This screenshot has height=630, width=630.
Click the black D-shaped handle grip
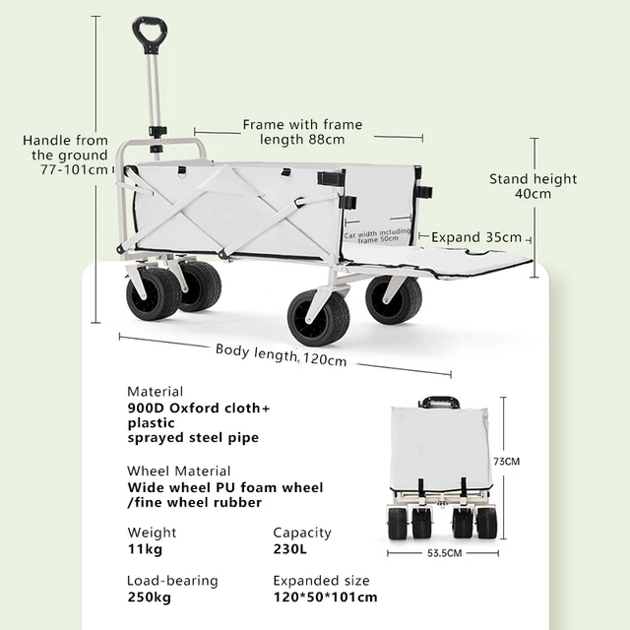pos(150,35)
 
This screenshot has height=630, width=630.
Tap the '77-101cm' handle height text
pos(75,169)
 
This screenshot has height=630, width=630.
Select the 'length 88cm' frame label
pos(302,139)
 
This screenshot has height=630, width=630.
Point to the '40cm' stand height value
pos(534,194)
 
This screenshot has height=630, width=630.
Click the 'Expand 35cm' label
pos(477,237)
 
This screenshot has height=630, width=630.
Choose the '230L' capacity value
pos(291,548)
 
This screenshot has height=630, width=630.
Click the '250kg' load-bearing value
pos(149,597)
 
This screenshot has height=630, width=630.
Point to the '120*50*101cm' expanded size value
pos(325,597)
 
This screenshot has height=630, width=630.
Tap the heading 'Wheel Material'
pos(179,471)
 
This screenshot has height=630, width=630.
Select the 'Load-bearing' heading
pos(172,581)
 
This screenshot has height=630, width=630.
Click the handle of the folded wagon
pos(438,402)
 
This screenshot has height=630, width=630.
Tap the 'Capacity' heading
pos(301,533)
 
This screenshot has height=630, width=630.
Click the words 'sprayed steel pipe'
pos(193,438)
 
